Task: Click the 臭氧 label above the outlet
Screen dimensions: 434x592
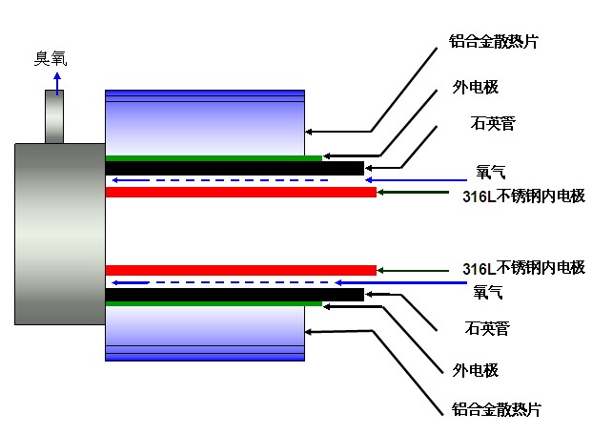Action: (x=51, y=58)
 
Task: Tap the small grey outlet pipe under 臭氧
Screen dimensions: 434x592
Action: (x=54, y=117)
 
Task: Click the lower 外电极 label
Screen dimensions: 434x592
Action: (x=476, y=370)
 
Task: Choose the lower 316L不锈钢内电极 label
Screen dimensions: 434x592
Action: (x=522, y=267)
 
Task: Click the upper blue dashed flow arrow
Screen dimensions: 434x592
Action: (x=219, y=179)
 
